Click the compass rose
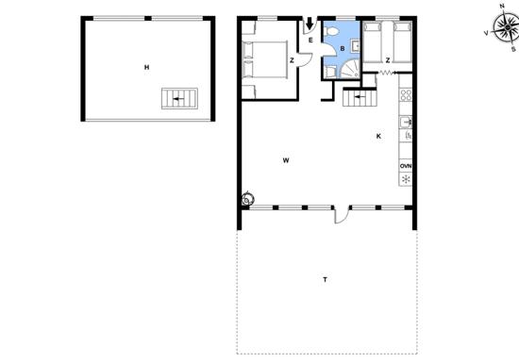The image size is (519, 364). tap(505, 27)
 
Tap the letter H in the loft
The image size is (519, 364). tap(146, 68)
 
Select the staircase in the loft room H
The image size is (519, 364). tap(179, 99)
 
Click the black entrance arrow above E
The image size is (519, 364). tap(310, 24)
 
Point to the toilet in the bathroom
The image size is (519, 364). tap(331, 31)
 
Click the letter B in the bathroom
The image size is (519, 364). tap(343, 49)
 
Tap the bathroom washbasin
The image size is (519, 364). tap(356, 46)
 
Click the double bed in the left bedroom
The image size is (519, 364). tap(265, 60)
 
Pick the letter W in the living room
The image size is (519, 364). tap(286, 160)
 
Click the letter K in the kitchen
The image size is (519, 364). tap(378, 136)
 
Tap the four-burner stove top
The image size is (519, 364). tap(406, 95)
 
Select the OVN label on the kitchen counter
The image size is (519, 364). tap(406, 166)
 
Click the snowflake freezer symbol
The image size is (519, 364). tap(406, 179)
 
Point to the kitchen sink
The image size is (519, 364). tap(406, 122)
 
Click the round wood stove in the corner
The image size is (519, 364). tap(248, 199)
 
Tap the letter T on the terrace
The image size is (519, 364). tap(325, 280)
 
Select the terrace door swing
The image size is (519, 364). tap(343, 214)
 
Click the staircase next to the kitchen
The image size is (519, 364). tap(360, 98)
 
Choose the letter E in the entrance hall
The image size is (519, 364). tap(310, 41)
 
